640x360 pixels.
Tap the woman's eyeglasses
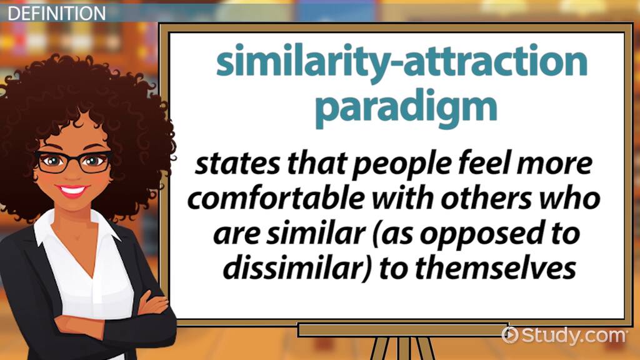(74, 161)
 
